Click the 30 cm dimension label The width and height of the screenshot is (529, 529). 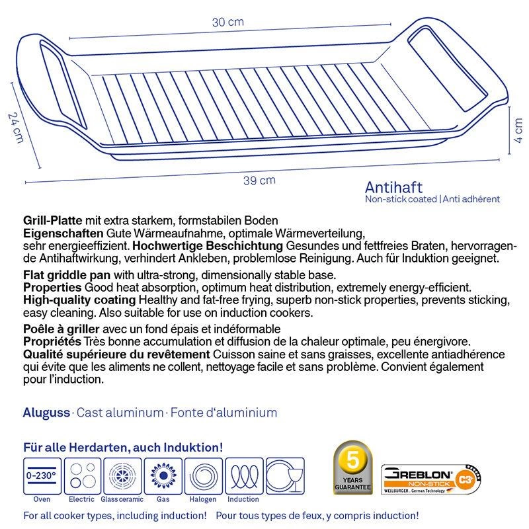click(x=228, y=22)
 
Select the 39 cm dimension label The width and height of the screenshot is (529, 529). click(x=263, y=181)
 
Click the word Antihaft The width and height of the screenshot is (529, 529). click(x=393, y=188)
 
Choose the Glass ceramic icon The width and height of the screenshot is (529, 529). click(x=121, y=475)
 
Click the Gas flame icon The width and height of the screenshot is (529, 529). click(x=162, y=475)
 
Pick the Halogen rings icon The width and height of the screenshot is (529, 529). click(x=202, y=475)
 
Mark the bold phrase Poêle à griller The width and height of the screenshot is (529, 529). click(x=61, y=329)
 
